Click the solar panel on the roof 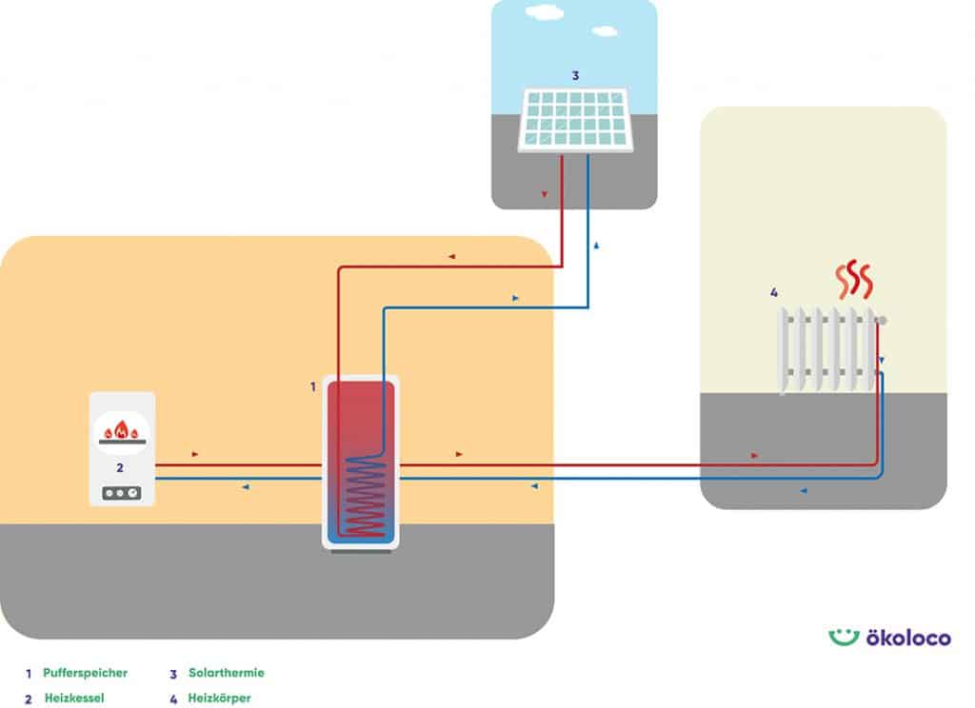pos(576,120)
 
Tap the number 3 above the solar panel pos(575,74)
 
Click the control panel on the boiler pos(121,494)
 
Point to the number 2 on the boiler pos(120,467)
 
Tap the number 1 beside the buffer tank pos(312,386)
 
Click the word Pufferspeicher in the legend pos(86,673)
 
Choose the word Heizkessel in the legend pos(74,698)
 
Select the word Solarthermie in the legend pos(227,673)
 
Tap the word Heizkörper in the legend pos(220,698)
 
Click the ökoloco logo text pos(907,638)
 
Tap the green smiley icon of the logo pos(844,637)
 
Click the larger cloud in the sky pos(544,14)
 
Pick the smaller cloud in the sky pos(604,30)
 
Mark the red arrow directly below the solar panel pos(544,194)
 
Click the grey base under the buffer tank pos(361,551)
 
